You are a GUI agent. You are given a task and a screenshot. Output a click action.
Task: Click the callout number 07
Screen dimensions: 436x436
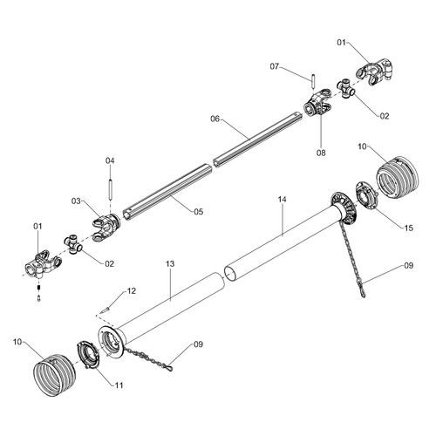[274, 66]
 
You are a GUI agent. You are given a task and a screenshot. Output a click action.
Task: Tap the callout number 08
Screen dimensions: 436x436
[321, 153]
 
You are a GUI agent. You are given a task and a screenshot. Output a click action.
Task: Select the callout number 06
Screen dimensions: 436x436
[215, 119]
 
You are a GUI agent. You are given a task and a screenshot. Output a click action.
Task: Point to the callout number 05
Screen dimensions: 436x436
[199, 212]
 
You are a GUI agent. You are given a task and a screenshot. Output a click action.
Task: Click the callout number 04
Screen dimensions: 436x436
[110, 160]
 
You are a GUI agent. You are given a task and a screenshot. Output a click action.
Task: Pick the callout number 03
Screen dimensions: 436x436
[76, 201]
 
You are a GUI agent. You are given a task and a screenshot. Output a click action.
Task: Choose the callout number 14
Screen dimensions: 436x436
[282, 199]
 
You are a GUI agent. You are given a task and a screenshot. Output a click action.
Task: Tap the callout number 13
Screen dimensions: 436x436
[170, 263]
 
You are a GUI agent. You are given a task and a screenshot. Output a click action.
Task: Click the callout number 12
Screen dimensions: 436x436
[132, 291]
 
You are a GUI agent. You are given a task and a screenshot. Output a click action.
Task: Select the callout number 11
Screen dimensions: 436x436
[119, 385]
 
